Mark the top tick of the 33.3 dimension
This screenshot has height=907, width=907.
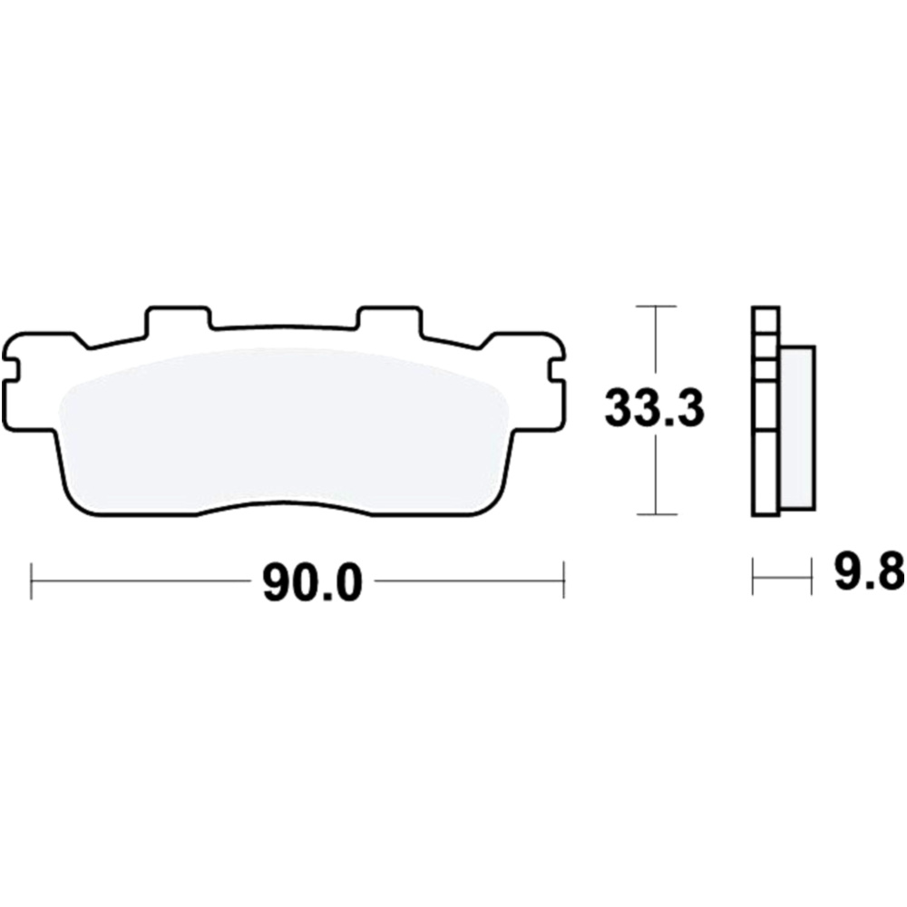tap(654, 307)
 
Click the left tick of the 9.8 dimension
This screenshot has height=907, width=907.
tap(754, 577)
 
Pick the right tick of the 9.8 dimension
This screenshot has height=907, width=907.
tap(810, 577)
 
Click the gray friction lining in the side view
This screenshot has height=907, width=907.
tap(796, 425)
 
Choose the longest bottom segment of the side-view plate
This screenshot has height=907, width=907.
tap(766, 472)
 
